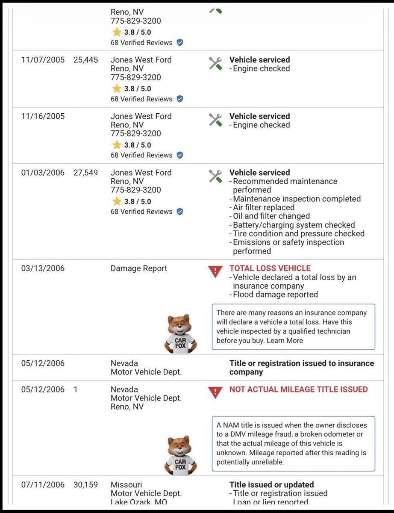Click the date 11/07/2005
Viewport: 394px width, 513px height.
pos(43,60)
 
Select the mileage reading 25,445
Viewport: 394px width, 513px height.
pos(85,60)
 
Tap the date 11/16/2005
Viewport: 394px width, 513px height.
pos(43,116)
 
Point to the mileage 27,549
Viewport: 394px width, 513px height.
pos(85,173)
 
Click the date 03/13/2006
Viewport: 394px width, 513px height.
pos(43,268)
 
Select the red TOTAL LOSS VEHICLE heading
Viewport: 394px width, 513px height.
pos(270,268)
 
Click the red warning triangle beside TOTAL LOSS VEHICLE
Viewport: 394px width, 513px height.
pos(215,271)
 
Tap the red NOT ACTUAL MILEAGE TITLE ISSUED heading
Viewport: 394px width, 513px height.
pos(298,389)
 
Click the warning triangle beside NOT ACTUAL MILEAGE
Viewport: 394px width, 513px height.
pos(215,392)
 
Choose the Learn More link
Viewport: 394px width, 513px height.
pos(285,341)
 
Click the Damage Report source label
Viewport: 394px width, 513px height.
pos(139,268)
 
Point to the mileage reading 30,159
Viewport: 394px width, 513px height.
pos(85,485)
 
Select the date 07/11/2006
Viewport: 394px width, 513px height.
pos(43,485)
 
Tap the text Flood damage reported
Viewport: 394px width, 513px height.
pos(275,295)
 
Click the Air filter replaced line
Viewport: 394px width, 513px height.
pos(264,207)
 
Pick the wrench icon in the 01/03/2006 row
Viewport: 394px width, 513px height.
pos(215,176)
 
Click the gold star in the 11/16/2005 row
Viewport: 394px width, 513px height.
pos(117,145)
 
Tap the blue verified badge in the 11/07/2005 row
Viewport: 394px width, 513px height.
pos(180,99)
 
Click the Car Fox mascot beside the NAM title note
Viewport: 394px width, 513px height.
pos(180,455)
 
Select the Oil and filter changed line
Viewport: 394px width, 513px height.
pos(271,216)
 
